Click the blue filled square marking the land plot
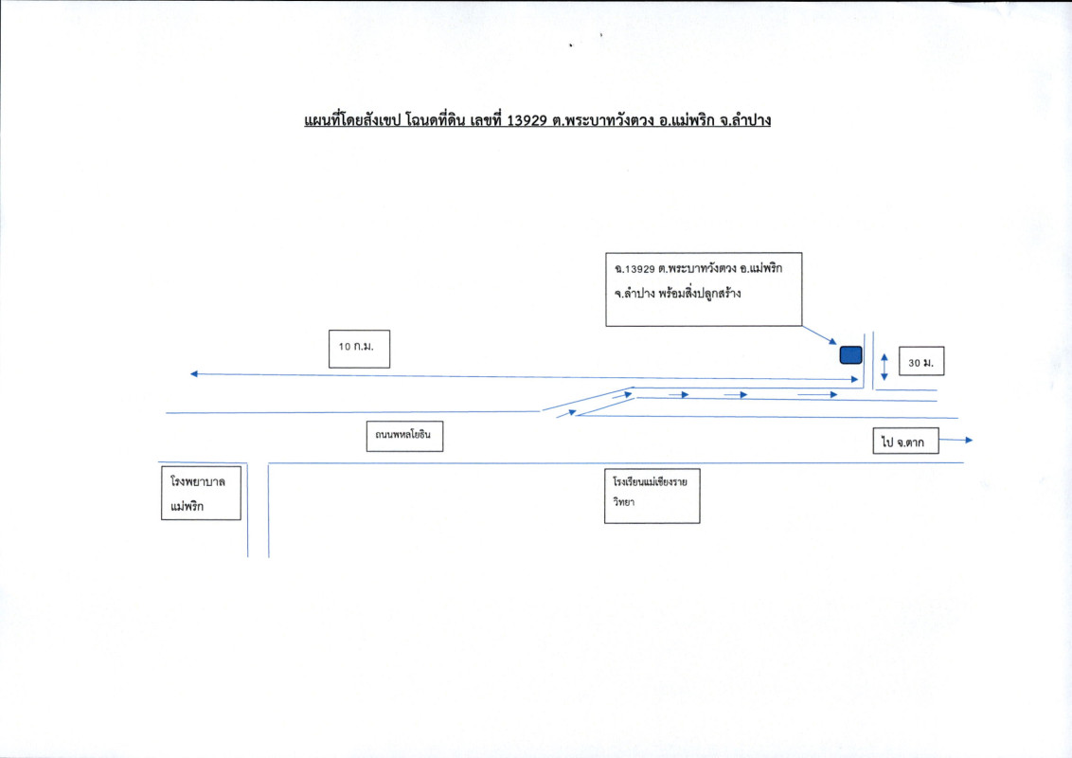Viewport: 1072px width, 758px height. coord(850,355)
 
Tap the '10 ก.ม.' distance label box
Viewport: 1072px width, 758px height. coord(357,348)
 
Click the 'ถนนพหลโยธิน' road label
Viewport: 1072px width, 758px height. coord(404,437)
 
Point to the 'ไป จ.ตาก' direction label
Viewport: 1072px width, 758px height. coord(905,441)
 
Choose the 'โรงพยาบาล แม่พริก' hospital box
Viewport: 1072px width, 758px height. coord(200,493)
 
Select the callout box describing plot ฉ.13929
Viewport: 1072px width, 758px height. coord(703,288)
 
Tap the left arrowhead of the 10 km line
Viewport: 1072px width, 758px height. coord(194,374)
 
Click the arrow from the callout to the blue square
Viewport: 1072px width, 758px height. coord(820,334)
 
